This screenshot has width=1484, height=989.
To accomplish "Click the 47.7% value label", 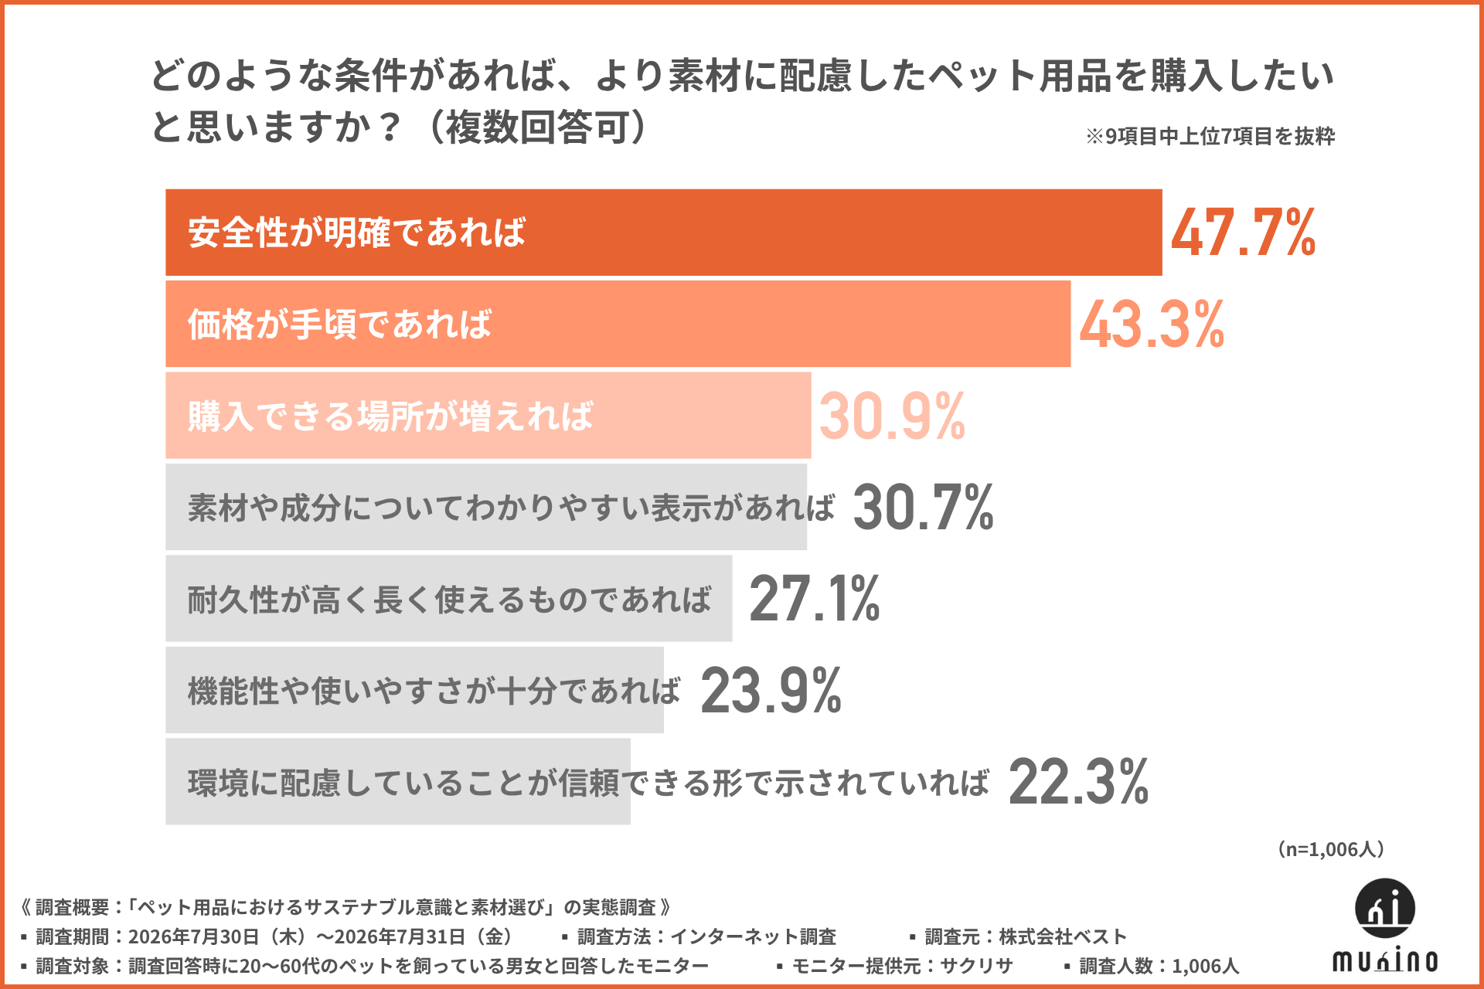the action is [1243, 233].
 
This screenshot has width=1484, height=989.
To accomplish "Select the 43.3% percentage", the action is [1152, 325].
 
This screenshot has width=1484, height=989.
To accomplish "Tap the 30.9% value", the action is [892, 416].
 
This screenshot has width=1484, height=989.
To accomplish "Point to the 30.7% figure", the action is [923, 508].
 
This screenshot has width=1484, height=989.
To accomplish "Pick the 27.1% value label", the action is [815, 599].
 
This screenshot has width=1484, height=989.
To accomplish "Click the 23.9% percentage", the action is [771, 691].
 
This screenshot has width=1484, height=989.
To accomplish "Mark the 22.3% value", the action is [1078, 782].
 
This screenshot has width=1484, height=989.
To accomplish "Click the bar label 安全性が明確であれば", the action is [356, 233].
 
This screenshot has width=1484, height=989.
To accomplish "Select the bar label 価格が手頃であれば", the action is [339, 325].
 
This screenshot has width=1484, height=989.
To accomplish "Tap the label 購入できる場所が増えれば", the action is [390, 416].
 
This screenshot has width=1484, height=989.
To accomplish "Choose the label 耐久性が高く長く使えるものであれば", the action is [449, 600].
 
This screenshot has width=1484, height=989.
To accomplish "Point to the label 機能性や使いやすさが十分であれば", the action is [434, 691].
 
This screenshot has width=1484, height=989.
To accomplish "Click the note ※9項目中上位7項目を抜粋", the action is [1210, 137].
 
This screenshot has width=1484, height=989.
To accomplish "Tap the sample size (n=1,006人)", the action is [1330, 849].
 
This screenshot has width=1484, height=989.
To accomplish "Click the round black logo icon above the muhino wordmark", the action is [1385, 908].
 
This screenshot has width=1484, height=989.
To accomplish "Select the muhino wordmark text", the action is [1385, 960].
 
